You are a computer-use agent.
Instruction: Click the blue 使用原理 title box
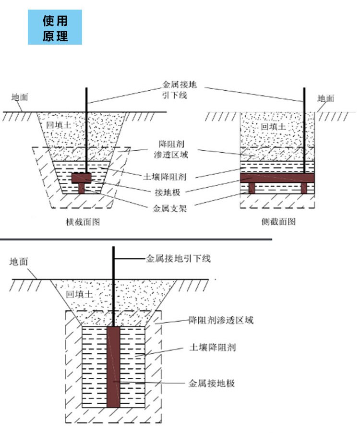point(55,28)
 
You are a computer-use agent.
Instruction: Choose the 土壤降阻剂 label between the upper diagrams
point(168,175)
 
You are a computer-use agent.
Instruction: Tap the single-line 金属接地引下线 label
point(178,259)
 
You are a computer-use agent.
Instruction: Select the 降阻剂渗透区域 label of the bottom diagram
point(221,320)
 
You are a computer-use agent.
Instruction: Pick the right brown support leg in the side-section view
point(304,188)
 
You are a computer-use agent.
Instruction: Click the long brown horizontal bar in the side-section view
point(277,178)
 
